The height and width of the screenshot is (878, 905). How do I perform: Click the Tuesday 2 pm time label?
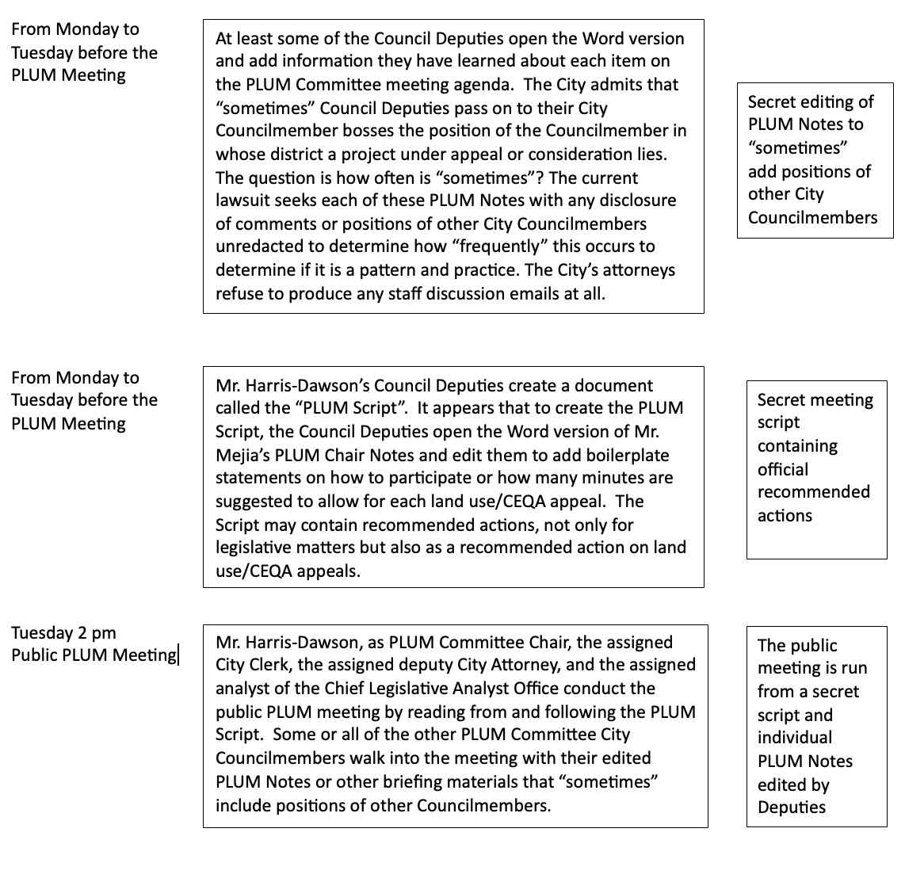(x=63, y=633)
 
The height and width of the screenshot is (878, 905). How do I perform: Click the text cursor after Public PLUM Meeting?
(x=179, y=655)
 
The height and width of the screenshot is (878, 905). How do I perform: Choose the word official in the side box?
(x=783, y=469)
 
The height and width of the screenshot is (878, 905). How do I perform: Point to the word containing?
(x=796, y=446)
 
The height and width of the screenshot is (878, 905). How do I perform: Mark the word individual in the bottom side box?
(x=795, y=738)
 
